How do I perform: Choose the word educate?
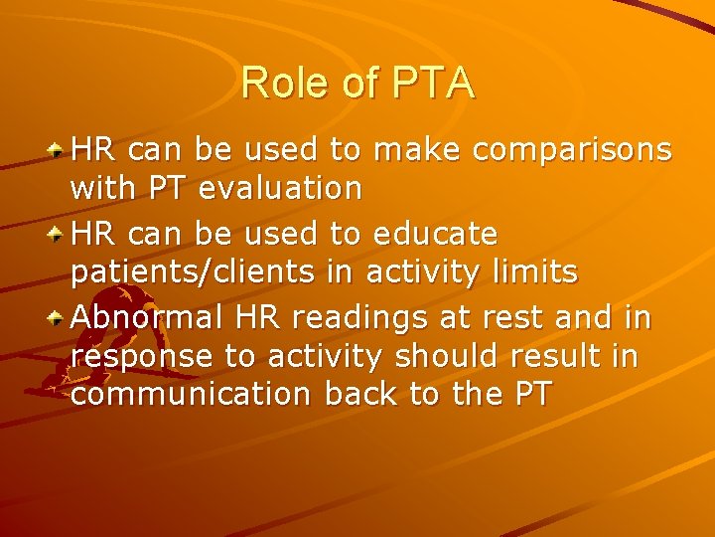[434, 235]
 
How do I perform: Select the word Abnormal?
[150, 317]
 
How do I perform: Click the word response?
[141, 356]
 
